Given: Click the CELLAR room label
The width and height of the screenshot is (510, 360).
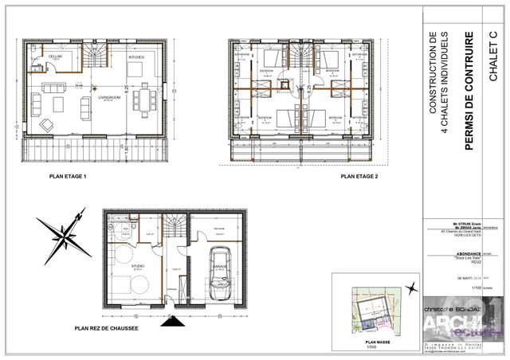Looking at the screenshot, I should [56, 57].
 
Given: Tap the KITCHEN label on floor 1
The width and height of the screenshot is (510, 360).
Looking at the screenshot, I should [136, 58].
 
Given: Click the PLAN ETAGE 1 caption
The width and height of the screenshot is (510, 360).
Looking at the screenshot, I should [68, 176].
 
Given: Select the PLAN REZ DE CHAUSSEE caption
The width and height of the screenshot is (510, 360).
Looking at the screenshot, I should [107, 327].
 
